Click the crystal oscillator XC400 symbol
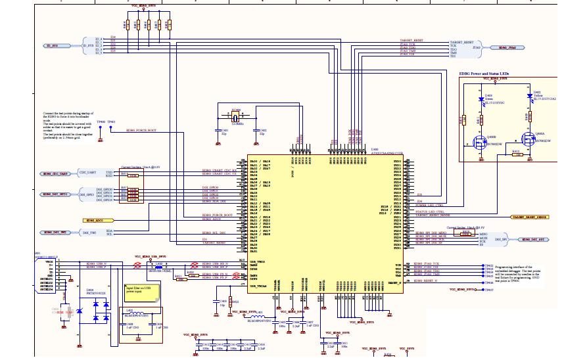(x=237, y=118)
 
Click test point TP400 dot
(x=101, y=126)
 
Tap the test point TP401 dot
(x=112, y=126)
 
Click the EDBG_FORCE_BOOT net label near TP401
(x=141, y=130)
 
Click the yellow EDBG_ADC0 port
(x=95, y=219)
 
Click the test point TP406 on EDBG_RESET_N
(x=481, y=282)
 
